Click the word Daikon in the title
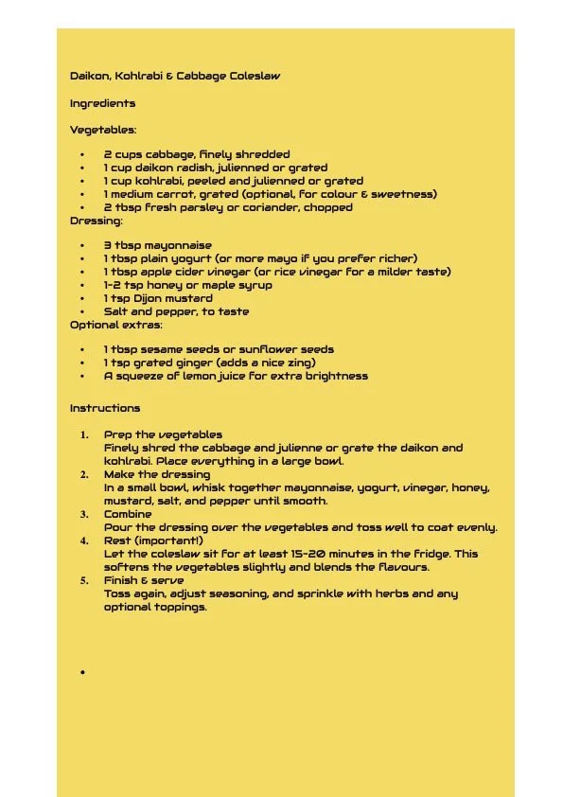(x=89, y=76)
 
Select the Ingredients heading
(x=102, y=103)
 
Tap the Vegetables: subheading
(x=102, y=130)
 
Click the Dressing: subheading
(x=96, y=221)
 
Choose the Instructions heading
(x=105, y=408)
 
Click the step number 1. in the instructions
(x=84, y=435)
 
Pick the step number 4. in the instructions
(x=84, y=541)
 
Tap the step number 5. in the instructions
(x=84, y=581)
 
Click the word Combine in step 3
(x=128, y=514)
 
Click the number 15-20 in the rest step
(x=304, y=554)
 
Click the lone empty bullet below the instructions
(x=83, y=672)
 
